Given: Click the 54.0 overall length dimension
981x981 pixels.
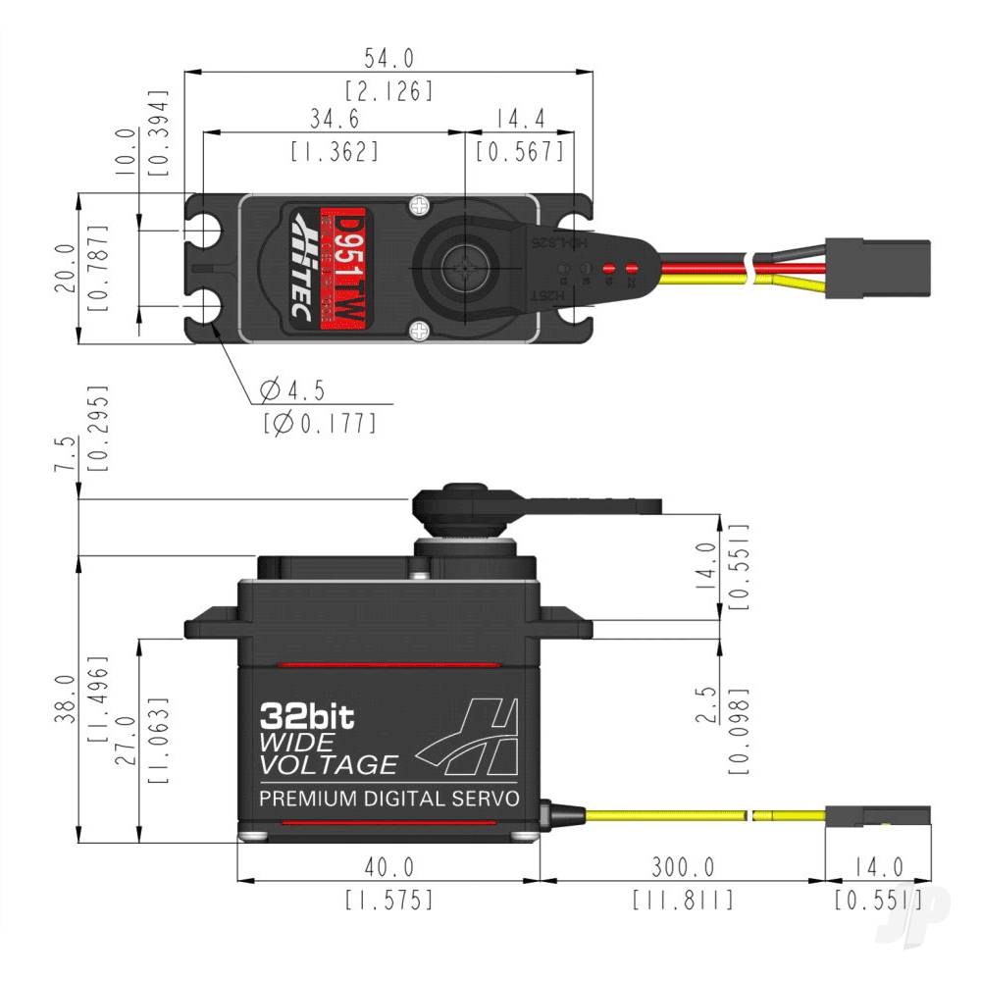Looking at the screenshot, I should tap(388, 58).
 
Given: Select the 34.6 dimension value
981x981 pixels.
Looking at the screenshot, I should tap(334, 118).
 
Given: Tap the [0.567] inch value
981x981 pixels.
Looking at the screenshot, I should tap(519, 151).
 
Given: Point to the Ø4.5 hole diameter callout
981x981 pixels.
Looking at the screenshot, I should tap(292, 390).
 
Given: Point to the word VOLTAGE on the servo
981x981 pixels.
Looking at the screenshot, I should tap(329, 765).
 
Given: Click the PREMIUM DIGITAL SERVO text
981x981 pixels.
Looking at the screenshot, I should tap(388, 799).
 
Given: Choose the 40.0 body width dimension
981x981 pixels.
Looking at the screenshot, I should tap(388, 868).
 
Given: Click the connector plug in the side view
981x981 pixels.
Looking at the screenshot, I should tap(876, 816).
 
